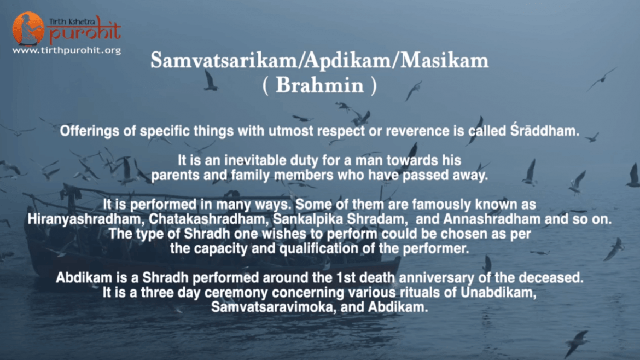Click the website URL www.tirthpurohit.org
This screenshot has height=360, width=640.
(x=67, y=50)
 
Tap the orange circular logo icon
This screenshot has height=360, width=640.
(x=28, y=28)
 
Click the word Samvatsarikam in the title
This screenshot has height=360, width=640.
(x=224, y=60)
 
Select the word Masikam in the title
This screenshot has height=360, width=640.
(x=444, y=60)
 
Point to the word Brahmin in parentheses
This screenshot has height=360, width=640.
(x=319, y=85)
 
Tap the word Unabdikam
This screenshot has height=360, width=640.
(x=498, y=293)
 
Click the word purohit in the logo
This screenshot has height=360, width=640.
(x=85, y=32)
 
